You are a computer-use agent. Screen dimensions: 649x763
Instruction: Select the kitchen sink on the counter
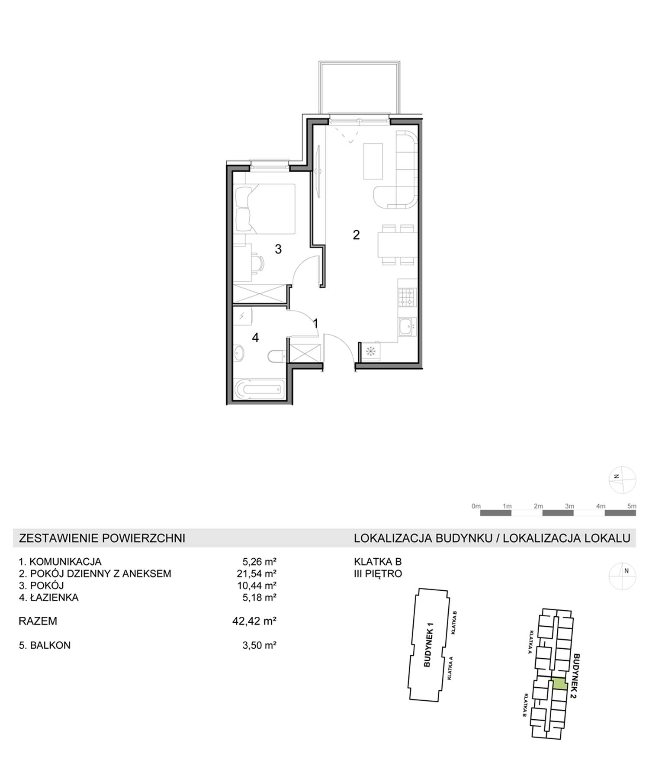[407, 327]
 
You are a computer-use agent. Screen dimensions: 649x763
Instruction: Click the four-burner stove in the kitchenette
[407, 298]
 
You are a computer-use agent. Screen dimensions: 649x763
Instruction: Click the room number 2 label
[356, 235]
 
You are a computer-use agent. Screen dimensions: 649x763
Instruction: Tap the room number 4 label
[255, 338]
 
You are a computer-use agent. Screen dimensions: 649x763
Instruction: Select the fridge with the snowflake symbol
[370, 351]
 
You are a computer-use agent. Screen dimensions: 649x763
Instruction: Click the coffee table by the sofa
[373, 161]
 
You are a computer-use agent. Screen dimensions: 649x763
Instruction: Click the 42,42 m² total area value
[254, 621]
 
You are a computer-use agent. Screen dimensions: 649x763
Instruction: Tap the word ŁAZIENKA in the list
[55, 598]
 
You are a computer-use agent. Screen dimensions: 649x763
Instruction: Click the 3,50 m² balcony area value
[259, 645]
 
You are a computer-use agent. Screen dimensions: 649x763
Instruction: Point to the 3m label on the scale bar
[569, 506]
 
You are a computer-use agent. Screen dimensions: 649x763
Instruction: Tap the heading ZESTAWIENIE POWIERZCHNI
[102, 538]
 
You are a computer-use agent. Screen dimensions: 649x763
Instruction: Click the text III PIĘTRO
[378, 574]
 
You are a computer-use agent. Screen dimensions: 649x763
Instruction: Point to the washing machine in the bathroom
[243, 317]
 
